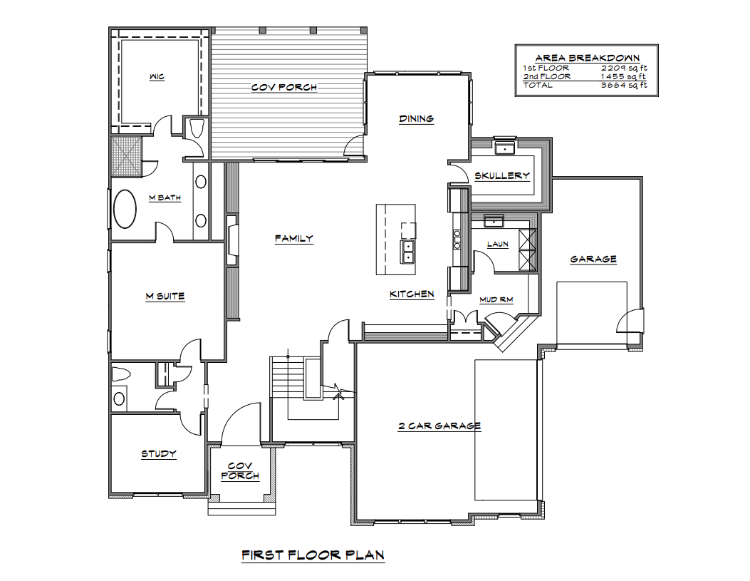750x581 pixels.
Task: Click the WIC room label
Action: pyautogui.click(x=157, y=76)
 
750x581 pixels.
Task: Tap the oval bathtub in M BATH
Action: pyautogui.click(x=125, y=209)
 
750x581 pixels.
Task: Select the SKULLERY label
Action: pyautogui.click(x=501, y=175)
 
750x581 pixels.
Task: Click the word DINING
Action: pyautogui.click(x=416, y=118)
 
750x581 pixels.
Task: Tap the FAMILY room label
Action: pyautogui.click(x=293, y=238)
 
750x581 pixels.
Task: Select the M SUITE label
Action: pyautogui.click(x=165, y=297)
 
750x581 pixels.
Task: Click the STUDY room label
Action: pyautogui.click(x=158, y=453)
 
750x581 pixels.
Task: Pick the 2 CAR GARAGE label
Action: pyautogui.click(x=439, y=426)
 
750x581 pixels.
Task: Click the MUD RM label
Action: pyautogui.click(x=496, y=299)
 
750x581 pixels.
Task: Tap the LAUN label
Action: pyautogui.click(x=497, y=244)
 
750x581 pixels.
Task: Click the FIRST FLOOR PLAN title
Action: pyautogui.click(x=313, y=555)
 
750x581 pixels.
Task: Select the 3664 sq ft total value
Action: pyautogui.click(x=624, y=85)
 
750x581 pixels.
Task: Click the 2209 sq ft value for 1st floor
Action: pyautogui.click(x=624, y=68)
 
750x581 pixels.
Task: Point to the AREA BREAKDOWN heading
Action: pyautogui.click(x=587, y=58)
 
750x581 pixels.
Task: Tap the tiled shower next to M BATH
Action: pyautogui.click(x=126, y=157)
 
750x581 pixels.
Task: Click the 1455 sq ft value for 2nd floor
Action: pyautogui.click(x=624, y=76)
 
